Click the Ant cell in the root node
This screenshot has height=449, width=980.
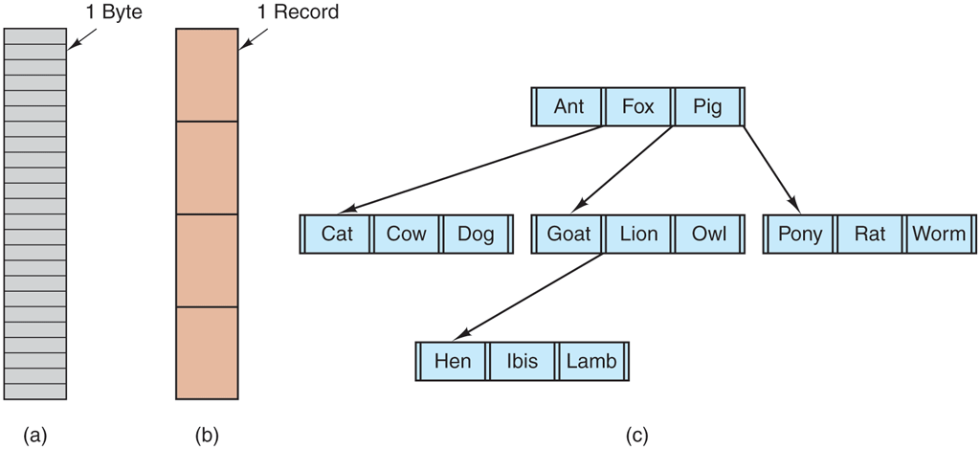[568, 106]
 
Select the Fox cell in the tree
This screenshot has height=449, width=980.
[637, 106]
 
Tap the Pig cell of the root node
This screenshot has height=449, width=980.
[707, 106]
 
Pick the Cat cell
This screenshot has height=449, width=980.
[337, 234]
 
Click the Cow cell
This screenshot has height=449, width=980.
[406, 234]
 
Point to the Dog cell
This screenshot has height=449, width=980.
[476, 234]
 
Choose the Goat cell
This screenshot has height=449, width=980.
[568, 234]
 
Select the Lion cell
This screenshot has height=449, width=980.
[638, 234]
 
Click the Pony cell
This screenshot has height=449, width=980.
[801, 234]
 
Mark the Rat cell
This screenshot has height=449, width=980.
[870, 234]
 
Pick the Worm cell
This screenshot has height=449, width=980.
[939, 234]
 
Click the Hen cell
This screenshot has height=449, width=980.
[453, 361]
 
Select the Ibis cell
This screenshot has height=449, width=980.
[522, 361]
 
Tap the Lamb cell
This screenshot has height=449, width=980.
[591, 361]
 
